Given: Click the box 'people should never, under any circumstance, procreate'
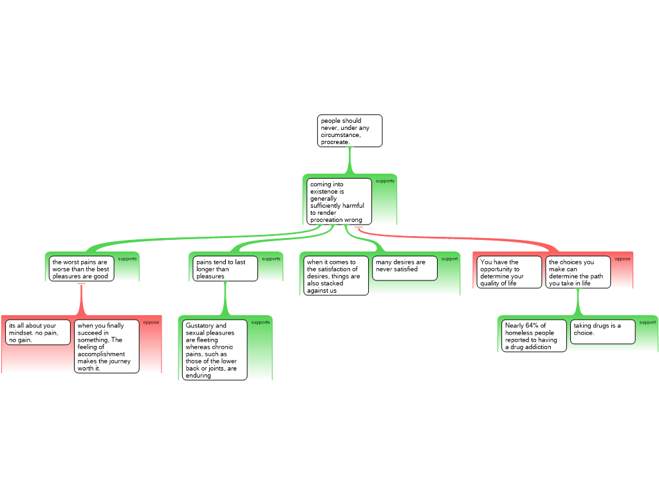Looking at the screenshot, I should tap(349, 131).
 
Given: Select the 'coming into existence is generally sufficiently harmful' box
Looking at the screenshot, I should tap(339, 201).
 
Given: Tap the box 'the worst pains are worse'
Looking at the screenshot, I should tap(81, 269).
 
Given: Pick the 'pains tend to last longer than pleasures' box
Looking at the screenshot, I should tap(225, 269).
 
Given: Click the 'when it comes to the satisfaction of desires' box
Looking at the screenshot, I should tap(336, 275).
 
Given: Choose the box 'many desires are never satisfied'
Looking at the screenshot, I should tap(404, 268).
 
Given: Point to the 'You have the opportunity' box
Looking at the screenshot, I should tap(509, 272).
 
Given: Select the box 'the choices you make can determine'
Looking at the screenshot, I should tap(577, 272).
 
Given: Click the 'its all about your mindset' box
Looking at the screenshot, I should tap(38, 333).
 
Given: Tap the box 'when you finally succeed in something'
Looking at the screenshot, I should tap(106, 346).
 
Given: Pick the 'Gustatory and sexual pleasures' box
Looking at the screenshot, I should tap(215, 350).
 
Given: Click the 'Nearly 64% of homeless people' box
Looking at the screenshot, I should tap(534, 336).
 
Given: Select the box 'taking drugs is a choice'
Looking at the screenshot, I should tap(602, 331).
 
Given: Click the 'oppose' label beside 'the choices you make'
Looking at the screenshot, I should tap(622, 259).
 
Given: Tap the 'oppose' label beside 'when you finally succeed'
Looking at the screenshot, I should tap(151, 322).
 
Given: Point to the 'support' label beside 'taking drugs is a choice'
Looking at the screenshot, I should tap(647, 322).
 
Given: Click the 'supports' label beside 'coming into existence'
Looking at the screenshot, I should tap(385, 181).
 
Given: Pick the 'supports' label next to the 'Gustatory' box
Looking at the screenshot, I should tap(261, 322).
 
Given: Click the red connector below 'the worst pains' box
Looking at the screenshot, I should tap(81, 299).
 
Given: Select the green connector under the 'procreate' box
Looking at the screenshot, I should tap(349, 160).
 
